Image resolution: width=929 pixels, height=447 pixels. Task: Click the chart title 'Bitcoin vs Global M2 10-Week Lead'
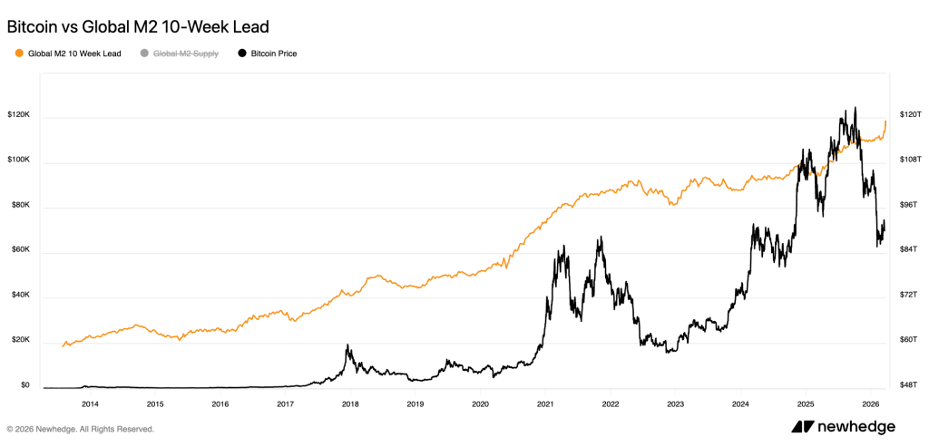pos(138,27)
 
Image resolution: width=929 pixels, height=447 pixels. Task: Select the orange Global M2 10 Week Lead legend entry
pos(68,53)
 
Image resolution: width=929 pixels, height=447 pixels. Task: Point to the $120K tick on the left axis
pos(19,115)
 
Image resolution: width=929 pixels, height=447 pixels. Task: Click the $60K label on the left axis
pos(19,250)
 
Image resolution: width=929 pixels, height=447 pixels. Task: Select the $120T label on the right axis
pos(909,115)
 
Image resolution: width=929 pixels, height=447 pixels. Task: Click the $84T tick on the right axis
pos(909,250)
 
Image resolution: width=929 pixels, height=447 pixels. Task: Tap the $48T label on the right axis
pos(909,385)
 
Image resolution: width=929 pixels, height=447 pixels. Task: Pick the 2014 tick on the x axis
pos(90,403)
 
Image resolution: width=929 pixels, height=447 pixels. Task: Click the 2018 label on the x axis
pos(350,403)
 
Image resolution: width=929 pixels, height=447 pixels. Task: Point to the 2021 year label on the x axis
pos(545,403)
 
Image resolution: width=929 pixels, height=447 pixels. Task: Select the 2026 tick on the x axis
pos(870,403)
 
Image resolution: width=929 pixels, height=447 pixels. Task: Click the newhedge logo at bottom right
pos(843,427)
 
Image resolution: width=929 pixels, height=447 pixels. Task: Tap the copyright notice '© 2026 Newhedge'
pos(81,429)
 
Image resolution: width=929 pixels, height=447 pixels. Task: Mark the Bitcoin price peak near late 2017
pos(347,345)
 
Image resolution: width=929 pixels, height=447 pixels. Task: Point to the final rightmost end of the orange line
pos(885,121)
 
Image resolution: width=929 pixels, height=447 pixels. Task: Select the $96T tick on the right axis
pos(909,206)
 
